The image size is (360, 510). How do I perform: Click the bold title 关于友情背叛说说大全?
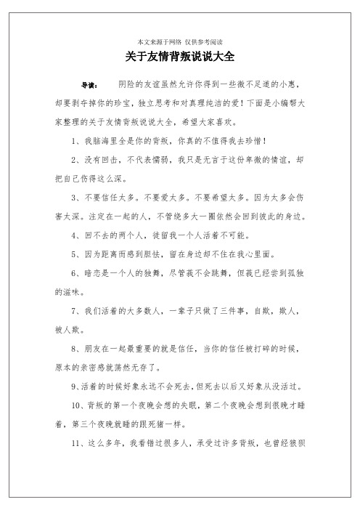[x=180, y=56]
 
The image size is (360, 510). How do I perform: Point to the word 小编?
[x=285, y=103]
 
